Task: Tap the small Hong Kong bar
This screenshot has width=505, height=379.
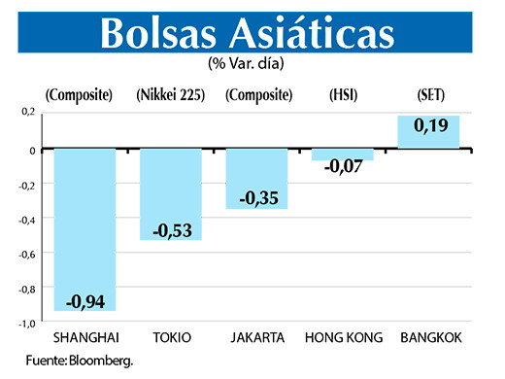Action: [x=342, y=155]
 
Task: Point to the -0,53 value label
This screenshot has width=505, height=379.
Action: [x=171, y=230]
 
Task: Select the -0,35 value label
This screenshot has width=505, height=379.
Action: [x=257, y=197]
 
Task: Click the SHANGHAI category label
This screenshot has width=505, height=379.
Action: [x=85, y=338]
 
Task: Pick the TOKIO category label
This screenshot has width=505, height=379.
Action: [x=171, y=338]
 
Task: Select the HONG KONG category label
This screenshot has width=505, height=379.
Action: [x=343, y=338]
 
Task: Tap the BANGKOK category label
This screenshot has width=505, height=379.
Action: [x=428, y=338]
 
